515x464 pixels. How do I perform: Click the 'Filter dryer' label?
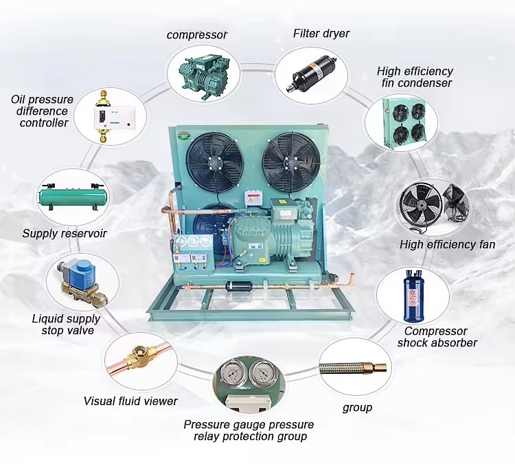click(321, 34)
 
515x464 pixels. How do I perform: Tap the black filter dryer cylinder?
click(311, 75)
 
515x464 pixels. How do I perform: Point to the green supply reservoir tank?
click(73, 197)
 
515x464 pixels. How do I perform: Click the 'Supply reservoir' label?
click(65, 234)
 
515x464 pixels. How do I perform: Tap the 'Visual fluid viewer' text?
click(130, 401)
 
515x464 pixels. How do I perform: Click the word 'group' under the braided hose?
click(357, 408)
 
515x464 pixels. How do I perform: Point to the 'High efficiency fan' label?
click(447, 245)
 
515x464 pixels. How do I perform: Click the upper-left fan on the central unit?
click(214, 162)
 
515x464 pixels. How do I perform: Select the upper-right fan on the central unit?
click(291, 162)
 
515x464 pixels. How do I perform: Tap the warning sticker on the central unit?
click(253, 199)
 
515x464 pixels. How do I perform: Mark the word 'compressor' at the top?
click(197, 35)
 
